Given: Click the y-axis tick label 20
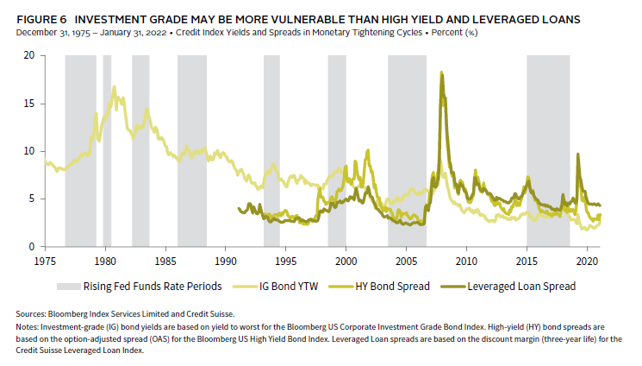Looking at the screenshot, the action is coord(29,55).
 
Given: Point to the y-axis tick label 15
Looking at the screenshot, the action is coord(29,103).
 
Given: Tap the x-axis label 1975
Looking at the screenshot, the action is coord(45,261).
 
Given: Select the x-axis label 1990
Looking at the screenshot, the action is coord(226,261).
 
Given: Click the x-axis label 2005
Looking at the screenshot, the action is coord(406,261).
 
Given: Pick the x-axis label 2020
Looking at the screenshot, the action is coord(587,261).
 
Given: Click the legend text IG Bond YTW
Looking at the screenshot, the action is coord(289,287).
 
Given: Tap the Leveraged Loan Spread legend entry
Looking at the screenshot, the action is coord(508,287).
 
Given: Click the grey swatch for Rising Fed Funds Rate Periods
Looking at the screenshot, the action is coord(68,287).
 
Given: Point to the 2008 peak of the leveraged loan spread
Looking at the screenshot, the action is coord(442,75).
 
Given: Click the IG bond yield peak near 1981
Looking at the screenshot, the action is coord(114,87).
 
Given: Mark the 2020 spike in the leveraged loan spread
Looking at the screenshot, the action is coord(577,155).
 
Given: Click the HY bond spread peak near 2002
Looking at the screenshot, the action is coord(368,150).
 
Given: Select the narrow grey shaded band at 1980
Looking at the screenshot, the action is coord(107,150).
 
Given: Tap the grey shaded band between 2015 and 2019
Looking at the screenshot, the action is coord(548,150).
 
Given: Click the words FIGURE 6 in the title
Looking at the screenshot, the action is coord(41,20).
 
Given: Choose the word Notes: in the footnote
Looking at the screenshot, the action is coord(27,327).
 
